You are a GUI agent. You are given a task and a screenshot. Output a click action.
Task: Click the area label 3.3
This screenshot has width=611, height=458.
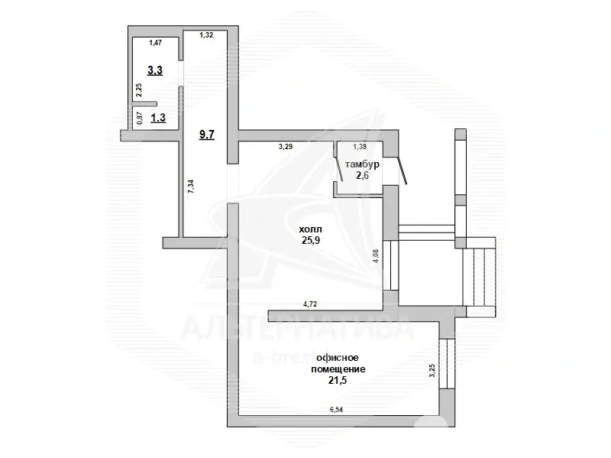pos(155,70)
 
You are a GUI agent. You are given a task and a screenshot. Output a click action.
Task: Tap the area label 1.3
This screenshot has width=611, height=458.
pos(159,118)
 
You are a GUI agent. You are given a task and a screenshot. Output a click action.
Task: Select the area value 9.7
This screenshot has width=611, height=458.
pos(207,135)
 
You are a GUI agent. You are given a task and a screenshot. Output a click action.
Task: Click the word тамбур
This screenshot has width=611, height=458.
pos(363,164)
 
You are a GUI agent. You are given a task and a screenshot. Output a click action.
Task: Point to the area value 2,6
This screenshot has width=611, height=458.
pos(363,175)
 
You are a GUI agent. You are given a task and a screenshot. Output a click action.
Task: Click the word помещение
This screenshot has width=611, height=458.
pos(337,369)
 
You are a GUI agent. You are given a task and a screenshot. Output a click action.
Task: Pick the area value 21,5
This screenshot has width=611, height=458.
pos(337,380)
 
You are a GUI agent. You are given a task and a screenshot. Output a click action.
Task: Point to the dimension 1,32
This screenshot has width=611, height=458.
pos(206,35)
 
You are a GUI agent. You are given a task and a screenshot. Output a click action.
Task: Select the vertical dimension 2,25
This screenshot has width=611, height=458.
pos(139,89)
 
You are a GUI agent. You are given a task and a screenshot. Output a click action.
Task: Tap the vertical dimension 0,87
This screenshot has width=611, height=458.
pos(139,118)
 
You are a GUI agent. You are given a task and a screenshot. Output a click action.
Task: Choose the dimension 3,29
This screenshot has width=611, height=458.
pos(286,145)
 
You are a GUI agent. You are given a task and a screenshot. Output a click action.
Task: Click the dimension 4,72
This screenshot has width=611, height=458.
pos(310,304)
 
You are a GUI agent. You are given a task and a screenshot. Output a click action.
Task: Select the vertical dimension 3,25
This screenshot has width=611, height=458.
pos(432,371)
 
